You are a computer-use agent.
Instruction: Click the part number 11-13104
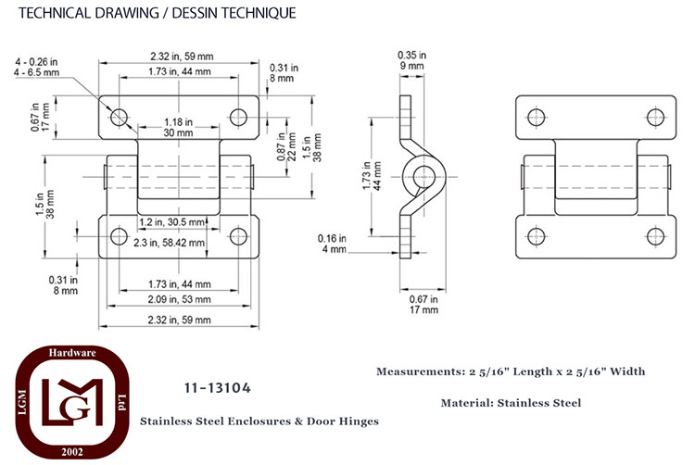click(x=218, y=388)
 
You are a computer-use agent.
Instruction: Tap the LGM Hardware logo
click(x=72, y=402)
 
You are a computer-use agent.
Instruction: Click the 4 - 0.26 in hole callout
click(x=37, y=67)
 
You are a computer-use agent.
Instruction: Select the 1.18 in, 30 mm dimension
click(x=178, y=127)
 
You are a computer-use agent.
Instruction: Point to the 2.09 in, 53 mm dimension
click(x=179, y=299)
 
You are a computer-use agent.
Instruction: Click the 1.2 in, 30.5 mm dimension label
click(x=172, y=222)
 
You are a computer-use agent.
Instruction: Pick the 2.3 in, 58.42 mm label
click(x=170, y=243)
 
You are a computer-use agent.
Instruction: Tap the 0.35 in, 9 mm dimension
click(x=411, y=60)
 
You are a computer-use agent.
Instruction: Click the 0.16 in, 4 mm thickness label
click(x=332, y=244)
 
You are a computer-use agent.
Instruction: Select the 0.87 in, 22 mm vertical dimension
click(x=286, y=146)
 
